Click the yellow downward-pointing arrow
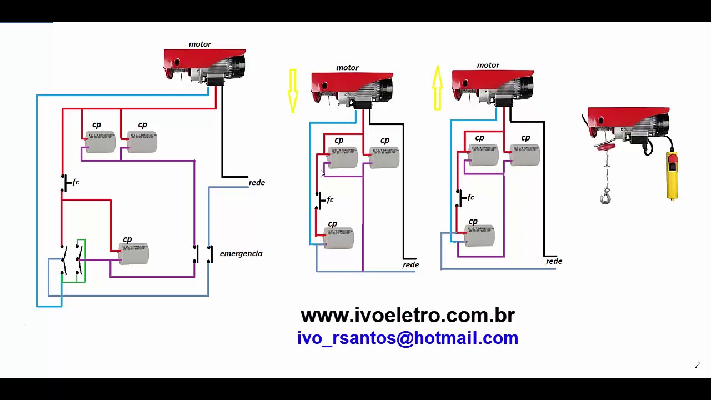(x=293, y=91)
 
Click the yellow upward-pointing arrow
(x=437, y=87)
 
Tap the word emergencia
(x=241, y=254)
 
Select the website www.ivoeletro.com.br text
(x=407, y=316)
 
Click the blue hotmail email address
(x=407, y=338)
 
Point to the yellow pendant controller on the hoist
(x=672, y=175)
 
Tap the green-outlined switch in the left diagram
(x=73, y=260)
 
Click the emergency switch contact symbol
(x=203, y=254)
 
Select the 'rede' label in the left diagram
(x=257, y=183)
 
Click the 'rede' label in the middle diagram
(x=410, y=265)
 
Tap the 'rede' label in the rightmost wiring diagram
(x=554, y=262)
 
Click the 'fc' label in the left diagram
(x=76, y=182)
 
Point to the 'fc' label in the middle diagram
(x=330, y=200)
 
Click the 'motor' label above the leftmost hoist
(x=199, y=44)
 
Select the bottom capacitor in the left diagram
(x=133, y=254)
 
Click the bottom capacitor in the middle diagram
(x=339, y=238)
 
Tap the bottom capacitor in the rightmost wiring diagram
(x=479, y=236)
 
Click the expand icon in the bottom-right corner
(x=698, y=365)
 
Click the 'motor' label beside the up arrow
(x=488, y=66)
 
